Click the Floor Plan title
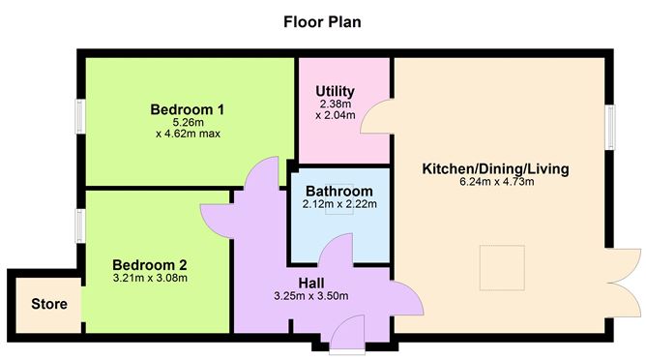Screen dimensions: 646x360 [322, 21]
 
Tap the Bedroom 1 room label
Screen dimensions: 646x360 [187, 109]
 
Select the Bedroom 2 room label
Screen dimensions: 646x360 [150, 265]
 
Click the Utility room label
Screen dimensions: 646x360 [335, 91]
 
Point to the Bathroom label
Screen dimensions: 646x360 [339, 192]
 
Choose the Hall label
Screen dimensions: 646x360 [311, 283]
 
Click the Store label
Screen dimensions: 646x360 [49, 304]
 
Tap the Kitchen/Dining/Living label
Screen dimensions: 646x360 [496, 168]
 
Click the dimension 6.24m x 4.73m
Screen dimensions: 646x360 [496, 181]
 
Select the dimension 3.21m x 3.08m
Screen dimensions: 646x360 [150, 278]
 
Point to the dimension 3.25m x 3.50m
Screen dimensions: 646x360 [311, 296]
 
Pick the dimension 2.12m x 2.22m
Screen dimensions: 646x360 [339, 204]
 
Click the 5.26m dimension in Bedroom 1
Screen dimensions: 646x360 [188, 122]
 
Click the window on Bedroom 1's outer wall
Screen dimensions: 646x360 [80, 116]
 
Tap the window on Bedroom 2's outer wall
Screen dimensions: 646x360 [80, 225]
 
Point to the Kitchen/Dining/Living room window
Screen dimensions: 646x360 [610, 127]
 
